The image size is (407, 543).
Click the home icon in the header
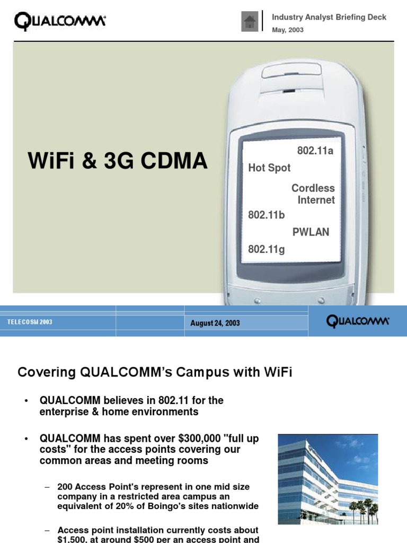point(250,22)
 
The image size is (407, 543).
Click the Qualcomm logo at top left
point(60,22)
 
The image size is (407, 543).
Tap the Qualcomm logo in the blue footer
point(358,321)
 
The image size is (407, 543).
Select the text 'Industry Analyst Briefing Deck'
point(329,17)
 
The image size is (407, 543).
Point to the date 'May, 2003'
point(288,30)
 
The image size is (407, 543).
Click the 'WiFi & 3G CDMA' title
point(118,161)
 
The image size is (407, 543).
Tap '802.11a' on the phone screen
point(316,151)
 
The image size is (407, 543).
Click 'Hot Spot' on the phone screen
point(269,168)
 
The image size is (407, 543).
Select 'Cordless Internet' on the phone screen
point(314,194)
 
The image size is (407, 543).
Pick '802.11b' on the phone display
point(267,215)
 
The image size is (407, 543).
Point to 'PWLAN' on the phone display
point(311,232)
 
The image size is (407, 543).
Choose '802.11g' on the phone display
point(267,249)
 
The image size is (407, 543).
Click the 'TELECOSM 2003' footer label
point(30,322)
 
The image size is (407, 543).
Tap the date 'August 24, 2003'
point(215,323)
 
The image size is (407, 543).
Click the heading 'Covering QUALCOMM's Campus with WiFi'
point(155,372)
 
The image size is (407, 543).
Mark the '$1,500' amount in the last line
point(75,539)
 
